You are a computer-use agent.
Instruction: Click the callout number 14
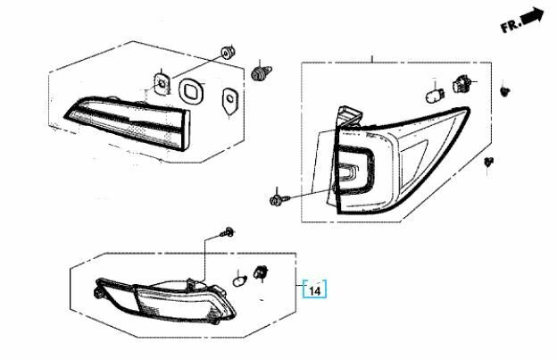click(315, 290)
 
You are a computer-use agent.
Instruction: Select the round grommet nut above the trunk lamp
click(228, 53)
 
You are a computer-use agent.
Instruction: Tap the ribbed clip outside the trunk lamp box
click(261, 72)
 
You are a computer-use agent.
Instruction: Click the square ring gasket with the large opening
click(192, 91)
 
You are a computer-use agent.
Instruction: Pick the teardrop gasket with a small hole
click(229, 102)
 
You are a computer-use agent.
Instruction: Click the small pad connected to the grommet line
click(162, 83)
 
